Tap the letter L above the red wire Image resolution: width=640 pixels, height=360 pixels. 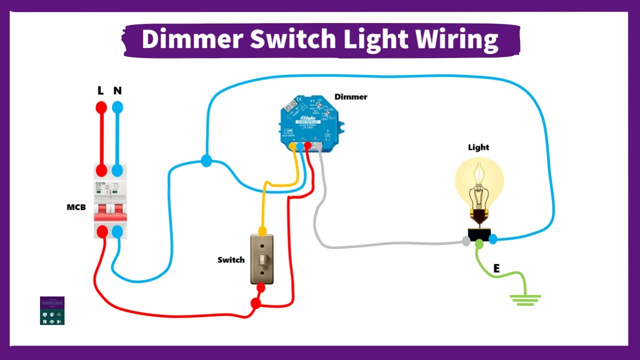pyautogui.click(x=100, y=91)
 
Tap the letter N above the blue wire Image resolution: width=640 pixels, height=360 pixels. pyautogui.click(x=117, y=91)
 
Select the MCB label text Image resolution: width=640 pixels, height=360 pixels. pyautogui.click(x=76, y=207)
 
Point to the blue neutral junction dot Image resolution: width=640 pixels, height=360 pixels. pyautogui.click(x=206, y=161)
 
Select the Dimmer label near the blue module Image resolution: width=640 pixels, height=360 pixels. pyautogui.click(x=350, y=96)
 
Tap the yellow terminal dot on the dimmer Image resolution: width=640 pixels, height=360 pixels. pyautogui.click(x=292, y=146)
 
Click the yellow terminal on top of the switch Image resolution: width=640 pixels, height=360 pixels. pyautogui.click(x=262, y=230)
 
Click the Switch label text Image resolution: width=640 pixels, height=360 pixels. pyautogui.click(x=231, y=260)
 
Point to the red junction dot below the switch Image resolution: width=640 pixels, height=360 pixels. pyautogui.click(x=255, y=303)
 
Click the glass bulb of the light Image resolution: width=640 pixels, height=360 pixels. pyautogui.click(x=479, y=180)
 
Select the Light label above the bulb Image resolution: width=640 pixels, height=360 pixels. pyautogui.click(x=478, y=147)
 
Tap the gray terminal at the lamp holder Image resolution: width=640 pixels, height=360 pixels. pyautogui.click(x=466, y=241)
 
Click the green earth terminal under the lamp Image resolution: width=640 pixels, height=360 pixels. pyautogui.click(x=479, y=244)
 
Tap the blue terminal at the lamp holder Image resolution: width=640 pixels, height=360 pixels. pyautogui.click(x=493, y=239)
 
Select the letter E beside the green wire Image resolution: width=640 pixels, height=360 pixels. pyautogui.click(x=496, y=269)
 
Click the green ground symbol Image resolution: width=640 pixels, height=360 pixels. pyautogui.click(x=525, y=300)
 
